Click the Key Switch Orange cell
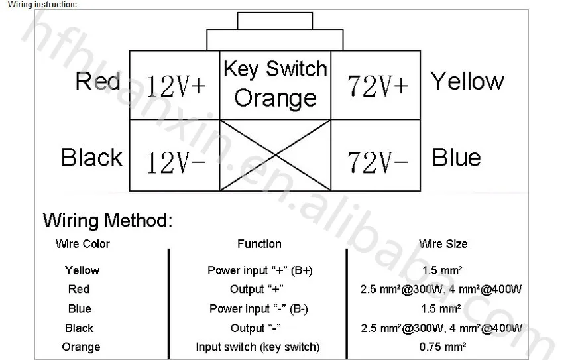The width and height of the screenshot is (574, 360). [275, 84]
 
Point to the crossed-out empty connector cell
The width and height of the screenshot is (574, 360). [275, 155]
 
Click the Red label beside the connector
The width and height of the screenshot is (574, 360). [97, 82]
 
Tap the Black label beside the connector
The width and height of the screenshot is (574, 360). [91, 158]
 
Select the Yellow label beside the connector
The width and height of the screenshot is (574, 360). [467, 82]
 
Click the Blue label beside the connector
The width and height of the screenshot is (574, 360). [456, 158]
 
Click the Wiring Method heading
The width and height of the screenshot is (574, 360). [107, 220]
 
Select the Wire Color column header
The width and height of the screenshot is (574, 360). [83, 244]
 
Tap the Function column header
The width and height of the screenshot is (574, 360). [259, 244]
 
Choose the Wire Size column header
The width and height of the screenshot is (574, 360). [443, 244]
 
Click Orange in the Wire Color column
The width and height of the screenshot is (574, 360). [81, 347]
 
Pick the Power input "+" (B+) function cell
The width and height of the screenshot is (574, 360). [260, 270]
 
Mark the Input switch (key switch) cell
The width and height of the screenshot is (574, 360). [258, 347]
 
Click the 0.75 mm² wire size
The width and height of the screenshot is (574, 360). [443, 347]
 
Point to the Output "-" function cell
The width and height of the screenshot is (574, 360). [255, 328]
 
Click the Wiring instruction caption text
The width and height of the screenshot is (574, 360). [42, 5]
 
